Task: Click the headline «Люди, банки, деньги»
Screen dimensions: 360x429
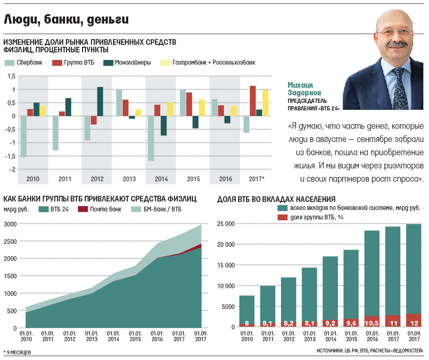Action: point(66,20)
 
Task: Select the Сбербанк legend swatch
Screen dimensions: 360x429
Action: point(9,62)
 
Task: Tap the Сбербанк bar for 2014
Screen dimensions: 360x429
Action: point(151,138)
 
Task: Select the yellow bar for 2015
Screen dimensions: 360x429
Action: point(202,108)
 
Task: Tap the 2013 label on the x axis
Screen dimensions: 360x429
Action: point(129,179)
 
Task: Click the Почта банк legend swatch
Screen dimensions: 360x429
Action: point(83,209)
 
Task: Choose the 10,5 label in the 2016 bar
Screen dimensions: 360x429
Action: point(372,323)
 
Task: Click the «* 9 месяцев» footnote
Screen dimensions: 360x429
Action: point(18,352)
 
